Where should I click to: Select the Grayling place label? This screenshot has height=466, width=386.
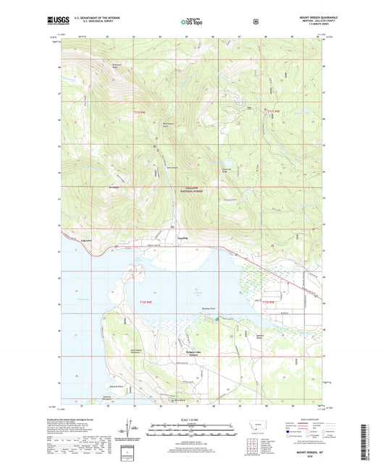click(x=183, y=237)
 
